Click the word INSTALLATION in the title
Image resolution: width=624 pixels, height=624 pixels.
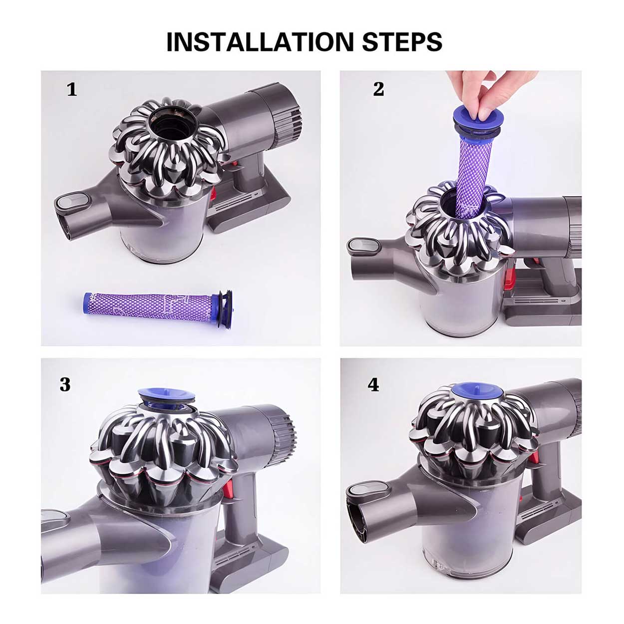pyautogui.click(x=260, y=41)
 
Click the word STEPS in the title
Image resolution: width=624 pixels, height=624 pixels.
pyautogui.click(x=402, y=41)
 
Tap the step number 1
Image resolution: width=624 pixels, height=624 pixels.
pyautogui.click(x=72, y=89)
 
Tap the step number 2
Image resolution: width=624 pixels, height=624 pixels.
pyautogui.click(x=379, y=89)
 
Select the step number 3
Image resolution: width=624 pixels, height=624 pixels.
pyautogui.click(x=65, y=384)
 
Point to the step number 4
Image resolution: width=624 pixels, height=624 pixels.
pyautogui.click(x=373, y=384)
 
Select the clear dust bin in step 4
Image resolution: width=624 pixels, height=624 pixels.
pyautogui.click(x=469, y=539)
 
